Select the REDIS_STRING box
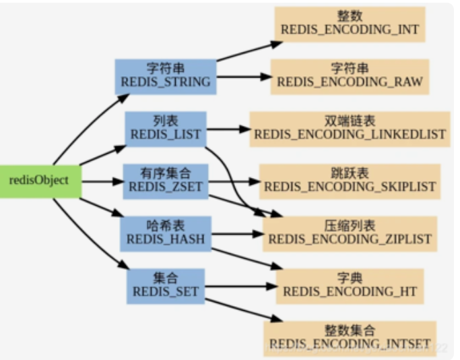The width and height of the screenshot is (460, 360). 165,76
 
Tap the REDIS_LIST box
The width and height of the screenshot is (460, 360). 165,127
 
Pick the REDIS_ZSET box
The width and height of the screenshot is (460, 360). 164,181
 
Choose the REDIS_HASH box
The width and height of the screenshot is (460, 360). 164,233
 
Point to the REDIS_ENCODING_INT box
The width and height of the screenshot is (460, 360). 350,24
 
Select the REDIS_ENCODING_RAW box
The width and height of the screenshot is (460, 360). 350,76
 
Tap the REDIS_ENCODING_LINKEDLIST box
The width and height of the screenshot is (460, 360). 350,128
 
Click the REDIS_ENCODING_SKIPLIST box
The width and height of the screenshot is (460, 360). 350,180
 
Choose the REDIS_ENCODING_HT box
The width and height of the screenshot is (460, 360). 350,285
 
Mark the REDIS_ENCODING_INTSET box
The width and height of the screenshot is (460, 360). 350,338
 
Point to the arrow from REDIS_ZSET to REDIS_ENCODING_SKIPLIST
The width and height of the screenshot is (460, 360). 232,181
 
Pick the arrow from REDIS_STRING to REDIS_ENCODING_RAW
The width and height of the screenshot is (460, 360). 242,76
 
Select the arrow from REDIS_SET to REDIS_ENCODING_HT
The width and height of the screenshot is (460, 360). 239,286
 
